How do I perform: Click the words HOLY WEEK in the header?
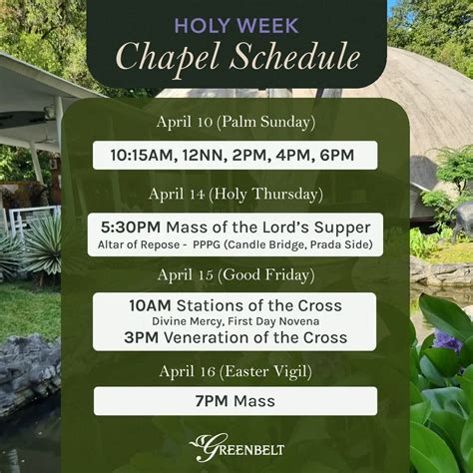[236, 25]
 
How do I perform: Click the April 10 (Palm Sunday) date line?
[236, 122]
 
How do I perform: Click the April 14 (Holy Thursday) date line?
[236, 194]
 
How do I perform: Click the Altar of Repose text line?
[236, 243]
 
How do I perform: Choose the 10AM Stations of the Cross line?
[236, 304]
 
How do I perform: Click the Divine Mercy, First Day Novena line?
[236, 321]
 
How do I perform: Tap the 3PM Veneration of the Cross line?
[236, 337]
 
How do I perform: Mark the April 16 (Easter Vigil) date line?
[236, 370]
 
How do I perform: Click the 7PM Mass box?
[236, 401]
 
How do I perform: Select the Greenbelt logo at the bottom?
[236, 445]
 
